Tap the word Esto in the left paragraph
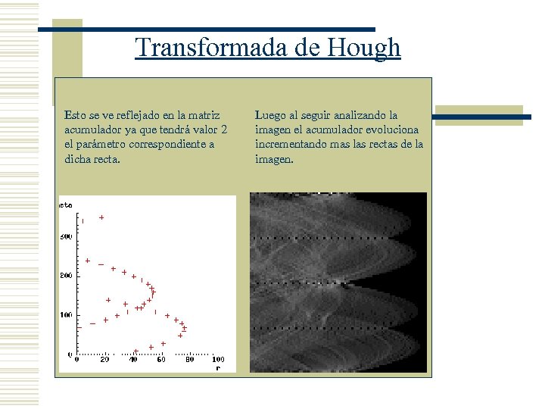76,116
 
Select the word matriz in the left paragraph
205,116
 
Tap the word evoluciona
394,130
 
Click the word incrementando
291,145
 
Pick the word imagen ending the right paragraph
273,160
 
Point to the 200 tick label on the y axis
66,276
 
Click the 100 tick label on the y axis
66,314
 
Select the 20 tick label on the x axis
104,360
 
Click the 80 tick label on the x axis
190,360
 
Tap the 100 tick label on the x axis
217,360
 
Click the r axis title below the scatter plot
218,368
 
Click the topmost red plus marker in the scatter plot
101,217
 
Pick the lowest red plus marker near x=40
136,351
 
